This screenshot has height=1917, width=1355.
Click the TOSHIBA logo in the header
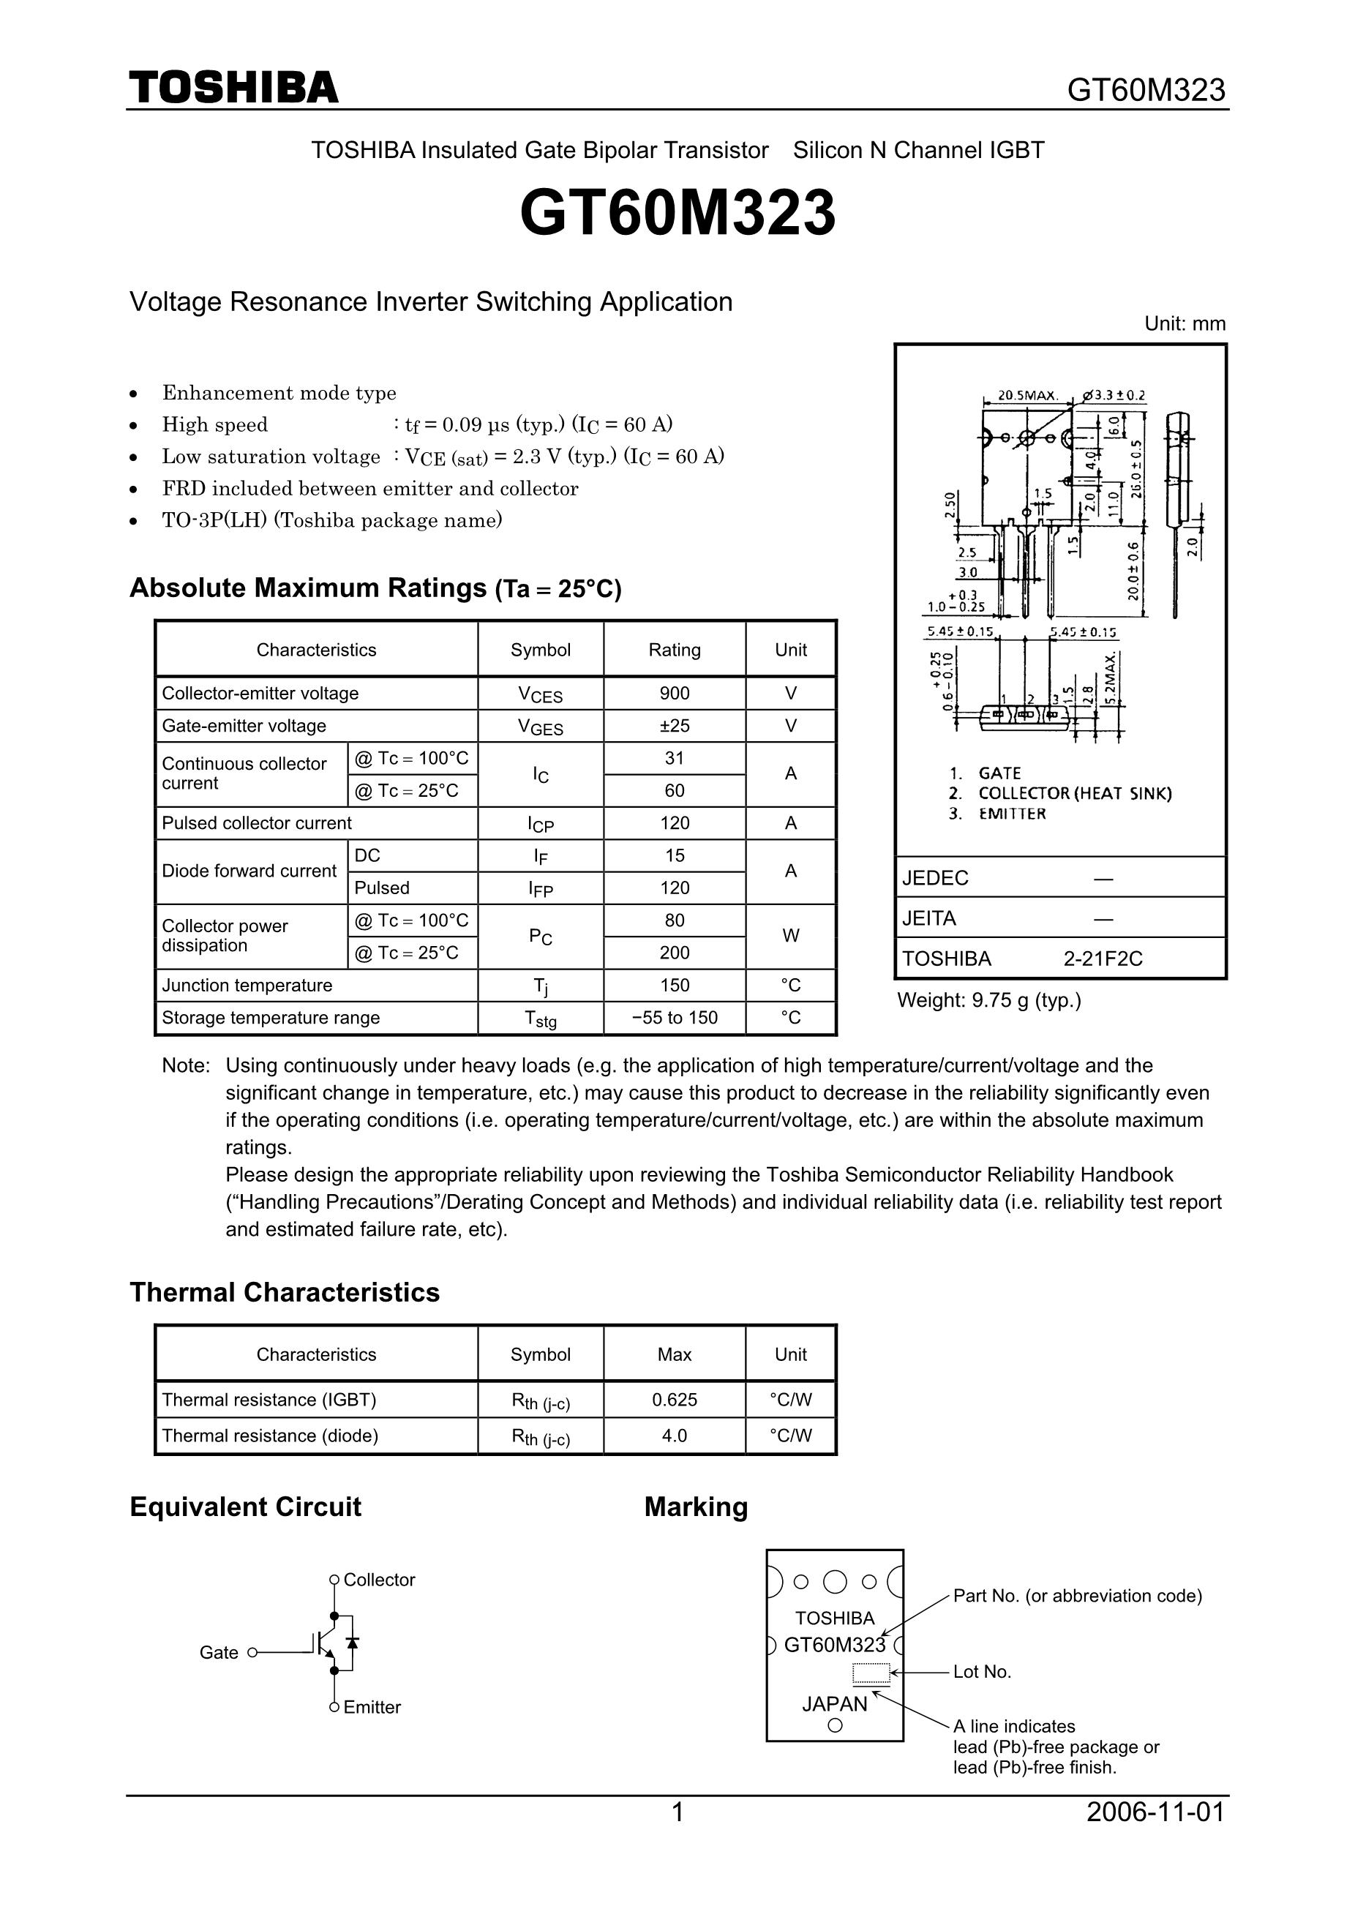(234, 88)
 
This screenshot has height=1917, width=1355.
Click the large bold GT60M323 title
(677, 213)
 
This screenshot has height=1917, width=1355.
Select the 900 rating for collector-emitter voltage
(675, 693)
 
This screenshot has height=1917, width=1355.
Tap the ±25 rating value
(675, 726)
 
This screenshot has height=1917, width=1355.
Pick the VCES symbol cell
(540, 694)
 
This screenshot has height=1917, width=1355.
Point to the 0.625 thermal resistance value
(675, 1400)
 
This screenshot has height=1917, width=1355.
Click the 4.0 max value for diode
(675, 1436)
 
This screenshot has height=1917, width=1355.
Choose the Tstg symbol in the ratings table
(540, 1018)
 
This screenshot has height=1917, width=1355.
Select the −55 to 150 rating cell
(675, 1017)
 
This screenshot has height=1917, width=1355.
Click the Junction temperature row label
(247, 986)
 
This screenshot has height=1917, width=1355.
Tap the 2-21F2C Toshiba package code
(1103, 958)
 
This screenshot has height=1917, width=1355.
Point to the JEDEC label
(935, 877)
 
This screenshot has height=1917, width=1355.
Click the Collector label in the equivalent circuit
(379, 1580)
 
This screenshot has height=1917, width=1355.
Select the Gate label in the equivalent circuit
(219, 1652)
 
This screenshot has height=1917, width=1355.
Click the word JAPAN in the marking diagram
(835, 1704)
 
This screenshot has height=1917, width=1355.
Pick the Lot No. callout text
(982, 1672)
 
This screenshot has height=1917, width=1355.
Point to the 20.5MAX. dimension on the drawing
(1029, 395)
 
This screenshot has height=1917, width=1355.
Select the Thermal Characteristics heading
(285, 1292)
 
